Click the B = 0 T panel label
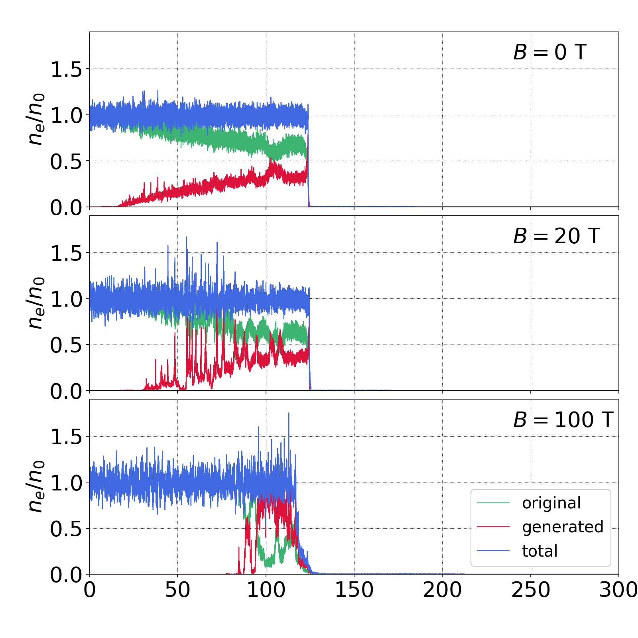(549, 52)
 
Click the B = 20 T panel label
(556, 236)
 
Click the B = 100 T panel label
(563, 420)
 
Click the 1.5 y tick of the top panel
(66, 69)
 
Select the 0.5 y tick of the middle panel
(66, 345)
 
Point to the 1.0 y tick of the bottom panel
(66, 483)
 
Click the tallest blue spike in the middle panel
(186, 238)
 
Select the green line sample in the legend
(493, 503)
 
